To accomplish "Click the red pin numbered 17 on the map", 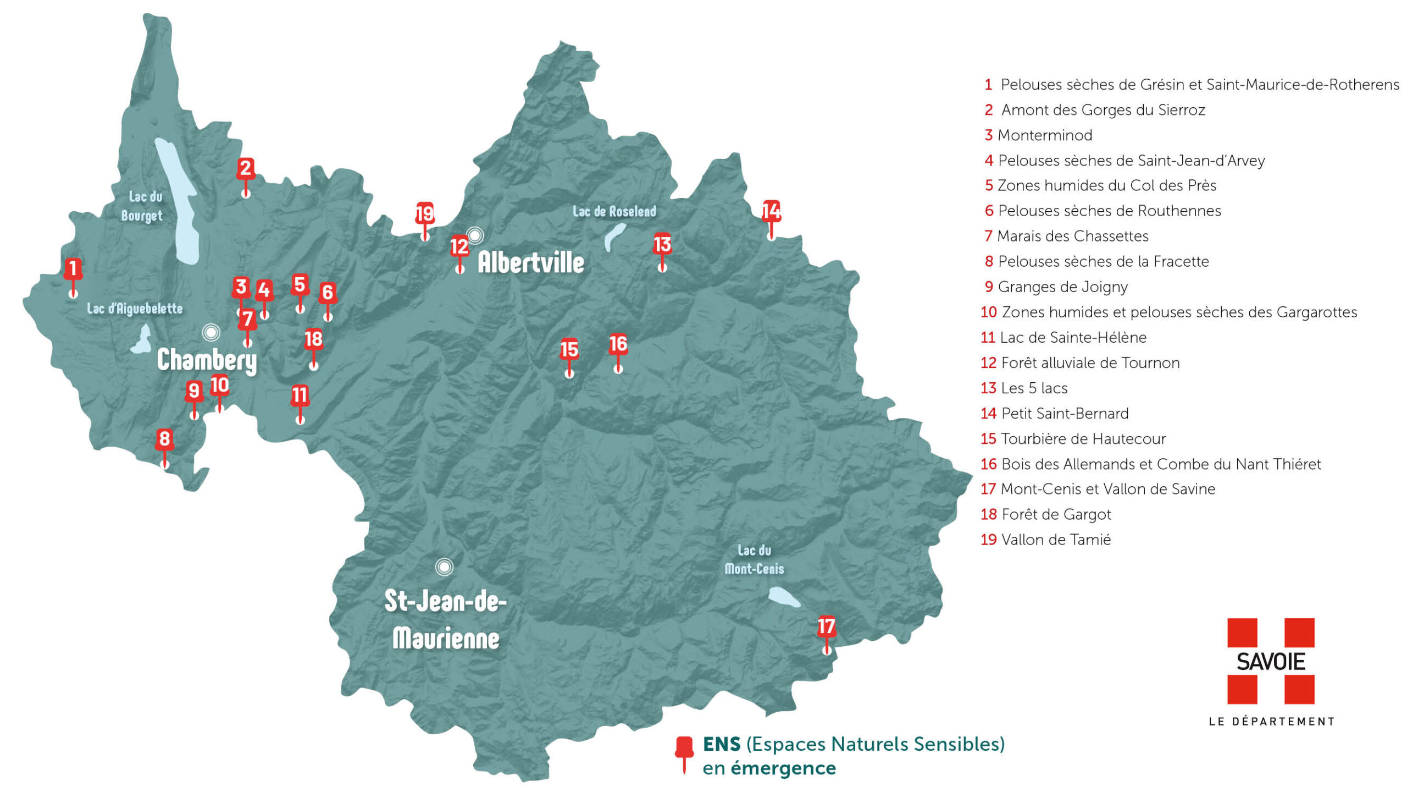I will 826,627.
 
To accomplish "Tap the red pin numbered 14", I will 771,211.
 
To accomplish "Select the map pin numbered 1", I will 73,269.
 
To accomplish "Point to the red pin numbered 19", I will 425,213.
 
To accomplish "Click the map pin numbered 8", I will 164,439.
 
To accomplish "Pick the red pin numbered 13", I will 662,244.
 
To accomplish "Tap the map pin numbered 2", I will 246,168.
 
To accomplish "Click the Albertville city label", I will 531,262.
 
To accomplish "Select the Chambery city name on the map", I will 207,360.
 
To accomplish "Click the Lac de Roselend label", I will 614,211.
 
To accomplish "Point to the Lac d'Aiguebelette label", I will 135,309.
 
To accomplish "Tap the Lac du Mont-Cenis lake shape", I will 784,597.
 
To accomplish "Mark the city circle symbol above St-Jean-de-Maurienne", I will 444,566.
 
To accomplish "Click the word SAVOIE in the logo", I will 1271,662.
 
